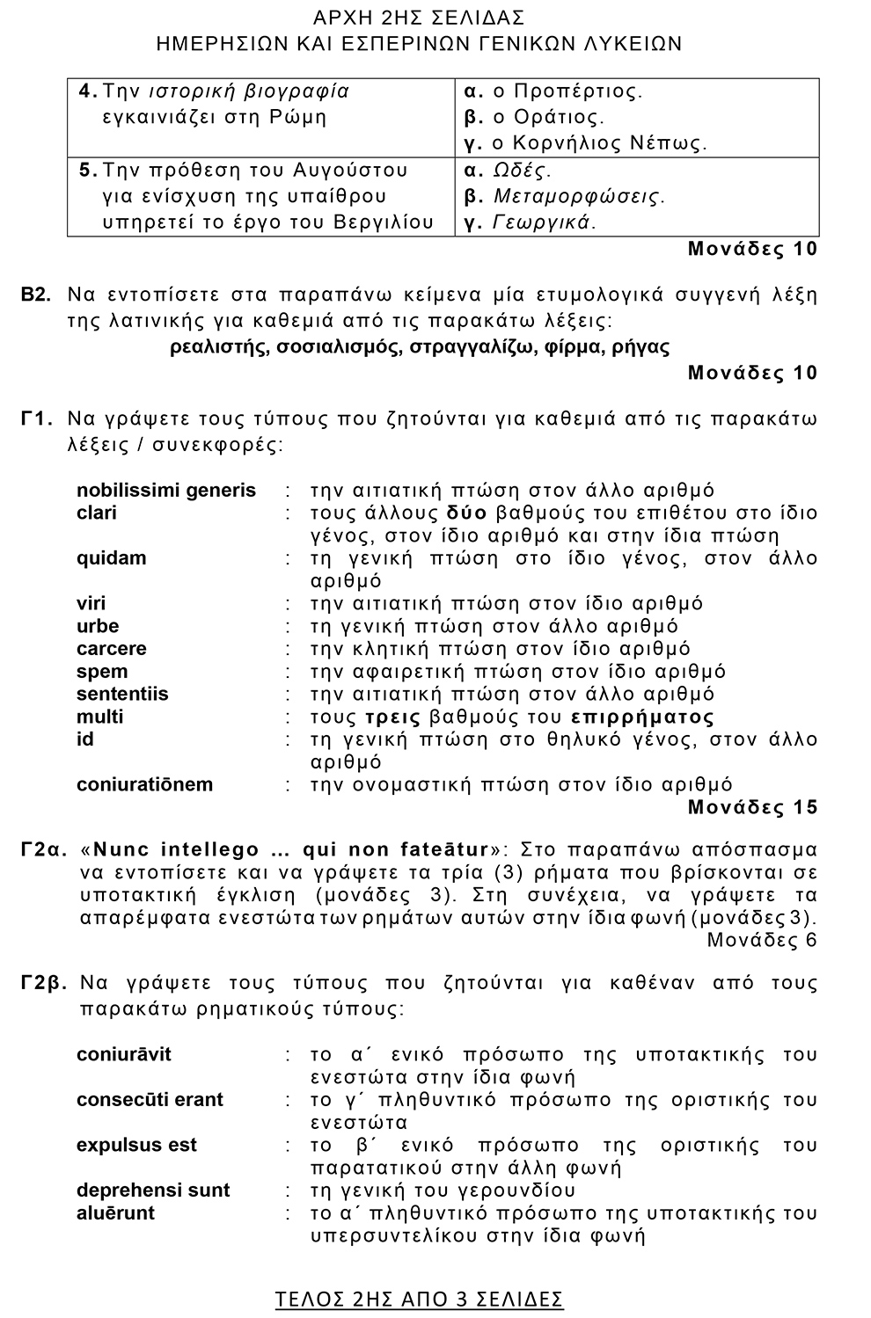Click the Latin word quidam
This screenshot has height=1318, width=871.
point(112,558)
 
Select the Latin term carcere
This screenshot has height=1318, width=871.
point(112,649)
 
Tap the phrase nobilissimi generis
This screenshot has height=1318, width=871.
point(166,491)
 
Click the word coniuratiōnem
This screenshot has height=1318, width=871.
point(145,784)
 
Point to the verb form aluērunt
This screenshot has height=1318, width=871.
point(115,1213)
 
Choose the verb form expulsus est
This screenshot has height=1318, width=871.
point(136,1146)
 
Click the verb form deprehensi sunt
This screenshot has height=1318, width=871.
point(153,1191)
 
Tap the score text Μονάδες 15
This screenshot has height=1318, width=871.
point(752,807)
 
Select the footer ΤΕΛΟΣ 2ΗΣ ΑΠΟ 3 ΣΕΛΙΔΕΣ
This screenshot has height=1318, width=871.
point(419,1300)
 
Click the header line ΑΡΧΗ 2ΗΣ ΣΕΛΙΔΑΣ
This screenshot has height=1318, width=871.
point(419,18)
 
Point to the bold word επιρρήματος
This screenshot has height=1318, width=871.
point(642,717)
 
